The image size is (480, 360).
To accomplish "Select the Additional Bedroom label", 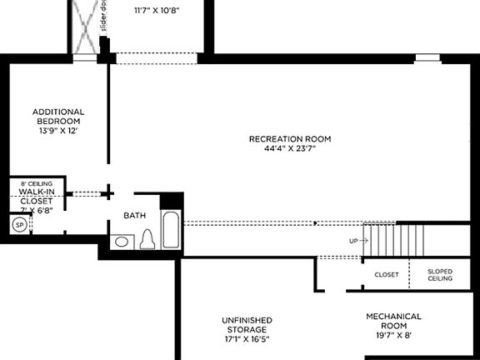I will (59, 117).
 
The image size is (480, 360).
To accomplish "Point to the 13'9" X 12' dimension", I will (59, 131).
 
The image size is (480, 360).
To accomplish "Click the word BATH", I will (135, 216).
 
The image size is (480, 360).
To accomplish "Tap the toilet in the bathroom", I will (148, 239).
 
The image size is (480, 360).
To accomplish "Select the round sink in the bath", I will (122, 242).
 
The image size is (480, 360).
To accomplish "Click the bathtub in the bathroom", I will (170, 230).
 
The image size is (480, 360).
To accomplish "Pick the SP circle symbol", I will (18, 225).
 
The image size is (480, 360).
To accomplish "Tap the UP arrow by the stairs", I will (357, 240).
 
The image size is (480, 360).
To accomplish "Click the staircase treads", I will (395, 240).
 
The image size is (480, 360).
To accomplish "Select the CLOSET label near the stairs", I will (386, 274).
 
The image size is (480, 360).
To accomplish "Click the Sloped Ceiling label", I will (440, 274).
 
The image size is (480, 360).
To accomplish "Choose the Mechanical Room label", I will (393, 321).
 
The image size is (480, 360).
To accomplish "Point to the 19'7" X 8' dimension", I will (393, 335).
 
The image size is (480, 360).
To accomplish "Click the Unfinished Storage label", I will (247, 325).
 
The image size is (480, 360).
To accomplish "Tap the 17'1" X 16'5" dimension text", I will (247, 339).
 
